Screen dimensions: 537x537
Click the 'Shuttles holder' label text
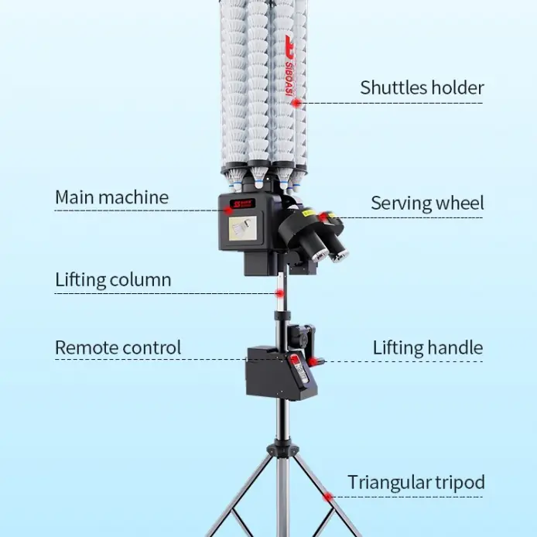(x=422, y=87)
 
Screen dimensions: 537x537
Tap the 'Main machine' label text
(x=111, y=197)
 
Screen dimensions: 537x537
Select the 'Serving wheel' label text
(x=427, y=203)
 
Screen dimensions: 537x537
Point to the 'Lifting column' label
(x=113, y=279)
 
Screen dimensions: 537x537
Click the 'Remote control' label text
(x=118, y=347)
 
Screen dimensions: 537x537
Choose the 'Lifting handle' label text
(x=428, y=347)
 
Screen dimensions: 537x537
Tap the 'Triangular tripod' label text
(x=416, y=483)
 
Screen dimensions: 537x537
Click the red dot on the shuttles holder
(x=296, y=102)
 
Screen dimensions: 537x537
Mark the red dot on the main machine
(x=228, y=210)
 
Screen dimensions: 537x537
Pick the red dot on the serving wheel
(x=323, y=217)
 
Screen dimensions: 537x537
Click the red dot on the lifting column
(x=280, y=293)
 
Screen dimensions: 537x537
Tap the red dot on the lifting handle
(x=312, y=361)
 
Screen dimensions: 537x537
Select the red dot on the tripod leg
(x=328, y=497)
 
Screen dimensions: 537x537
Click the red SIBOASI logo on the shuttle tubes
(x=289, y=66)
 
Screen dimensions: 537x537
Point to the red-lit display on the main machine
(x=242, y=204)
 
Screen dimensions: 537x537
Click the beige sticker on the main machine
(x=242, y=228)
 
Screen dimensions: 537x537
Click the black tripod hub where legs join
(x=282, y=450)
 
